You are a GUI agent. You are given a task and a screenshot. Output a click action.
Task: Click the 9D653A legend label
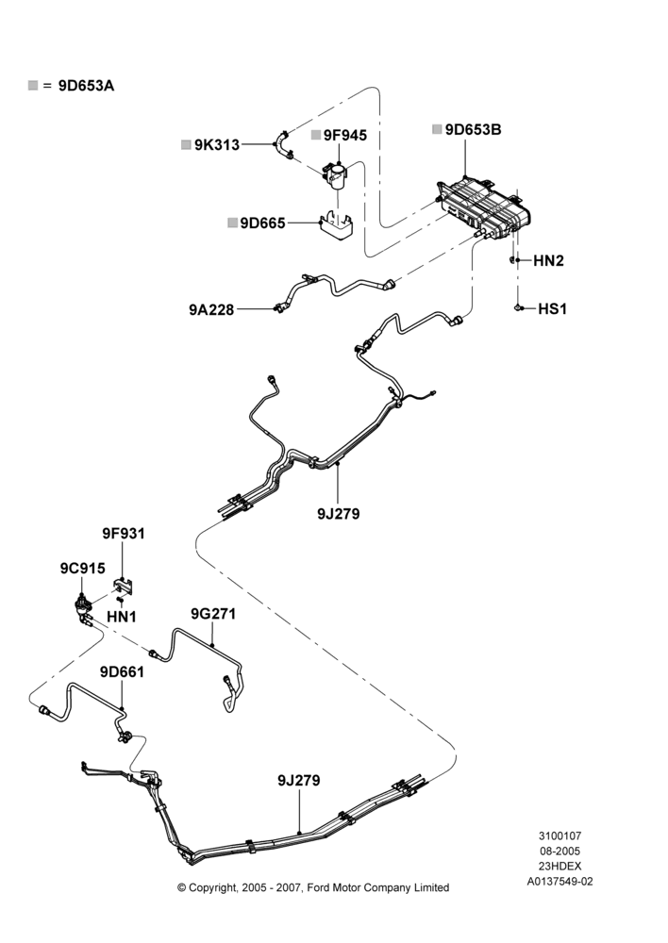pos(86,86)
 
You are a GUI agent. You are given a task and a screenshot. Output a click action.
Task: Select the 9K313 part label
pos(217,145)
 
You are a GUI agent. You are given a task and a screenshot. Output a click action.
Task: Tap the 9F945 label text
pos(344,135)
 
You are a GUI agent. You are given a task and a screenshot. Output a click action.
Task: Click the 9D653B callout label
pos(473,130)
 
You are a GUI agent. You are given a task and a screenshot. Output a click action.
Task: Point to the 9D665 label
pos(262,223)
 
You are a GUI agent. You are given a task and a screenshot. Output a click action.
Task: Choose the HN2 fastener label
pos(549,261)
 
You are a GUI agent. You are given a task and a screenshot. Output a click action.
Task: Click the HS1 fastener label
pos(552,309)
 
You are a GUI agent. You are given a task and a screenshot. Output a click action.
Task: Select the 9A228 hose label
pos(211,309)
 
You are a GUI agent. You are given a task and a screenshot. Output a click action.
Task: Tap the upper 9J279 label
pos(338,514)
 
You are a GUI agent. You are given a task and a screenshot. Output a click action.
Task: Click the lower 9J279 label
pos(299,781)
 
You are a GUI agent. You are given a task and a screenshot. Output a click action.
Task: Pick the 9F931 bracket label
pos(124,534)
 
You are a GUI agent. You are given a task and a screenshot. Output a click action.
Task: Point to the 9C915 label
pos(82,569)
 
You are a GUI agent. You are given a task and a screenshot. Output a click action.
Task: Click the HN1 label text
pos(122,617)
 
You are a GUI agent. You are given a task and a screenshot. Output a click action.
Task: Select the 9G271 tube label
pos(213,614)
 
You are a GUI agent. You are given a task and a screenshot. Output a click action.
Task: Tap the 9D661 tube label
pos(122,671)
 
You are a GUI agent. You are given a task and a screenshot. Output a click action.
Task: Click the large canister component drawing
pos(484,208)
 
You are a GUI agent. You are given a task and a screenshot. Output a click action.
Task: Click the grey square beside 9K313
pos(187,144)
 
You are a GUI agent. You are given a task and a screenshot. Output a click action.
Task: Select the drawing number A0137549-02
pos(559,882)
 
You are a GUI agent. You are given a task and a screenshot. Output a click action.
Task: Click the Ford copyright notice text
pos(313,887)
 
